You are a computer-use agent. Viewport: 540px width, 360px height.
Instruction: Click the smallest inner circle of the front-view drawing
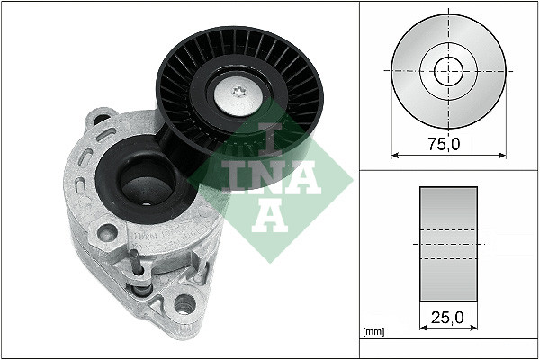coord(448,70)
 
